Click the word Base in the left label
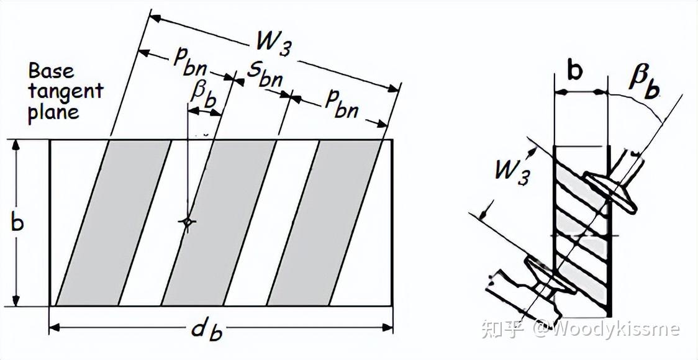click(x=51, y=71)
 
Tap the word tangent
click(x=65, y=92)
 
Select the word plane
click(x=53, y=112)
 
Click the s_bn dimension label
click(x=264, y=74)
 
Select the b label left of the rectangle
click(x=17, y=222)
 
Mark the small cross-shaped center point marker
click(x=186, y=222)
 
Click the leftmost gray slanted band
click(x=114, y=222)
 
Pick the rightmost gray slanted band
click(x=324, y=222)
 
